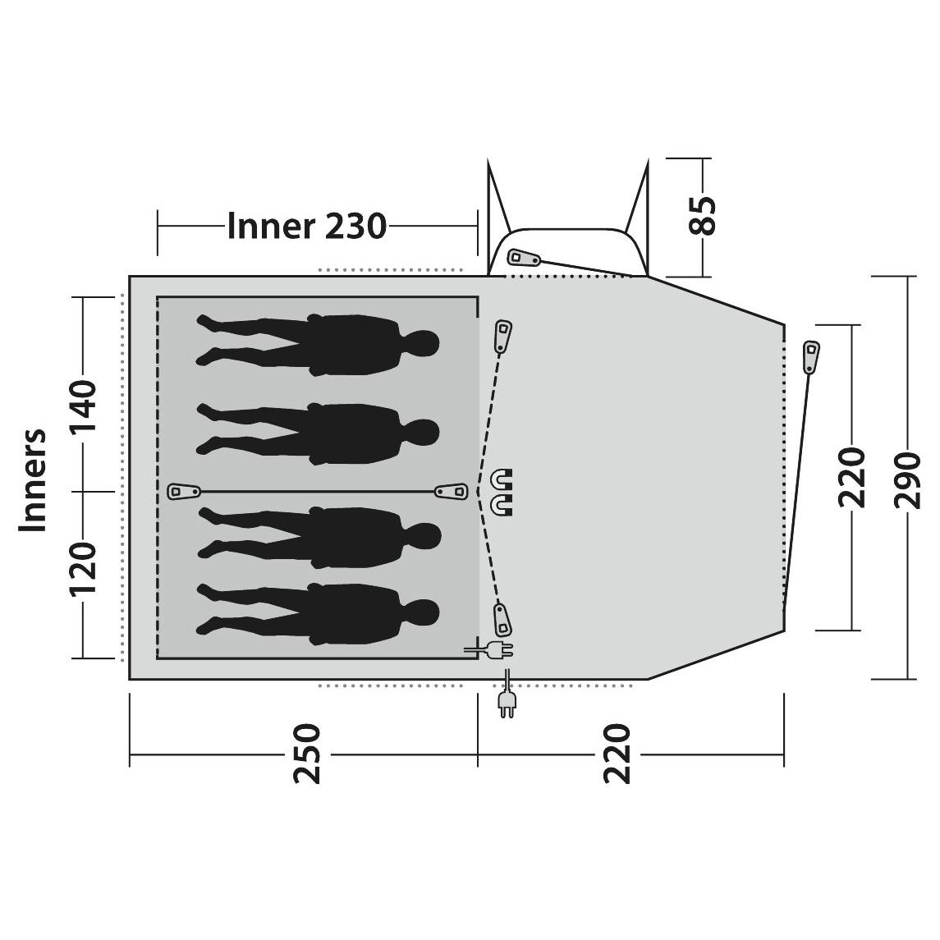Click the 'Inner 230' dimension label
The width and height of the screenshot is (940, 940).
coord(306,227)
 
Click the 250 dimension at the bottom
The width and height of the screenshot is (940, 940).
coord(306,754)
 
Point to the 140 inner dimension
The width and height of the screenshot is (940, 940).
coord(82,401)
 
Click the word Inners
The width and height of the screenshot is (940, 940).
coord(33,479)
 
